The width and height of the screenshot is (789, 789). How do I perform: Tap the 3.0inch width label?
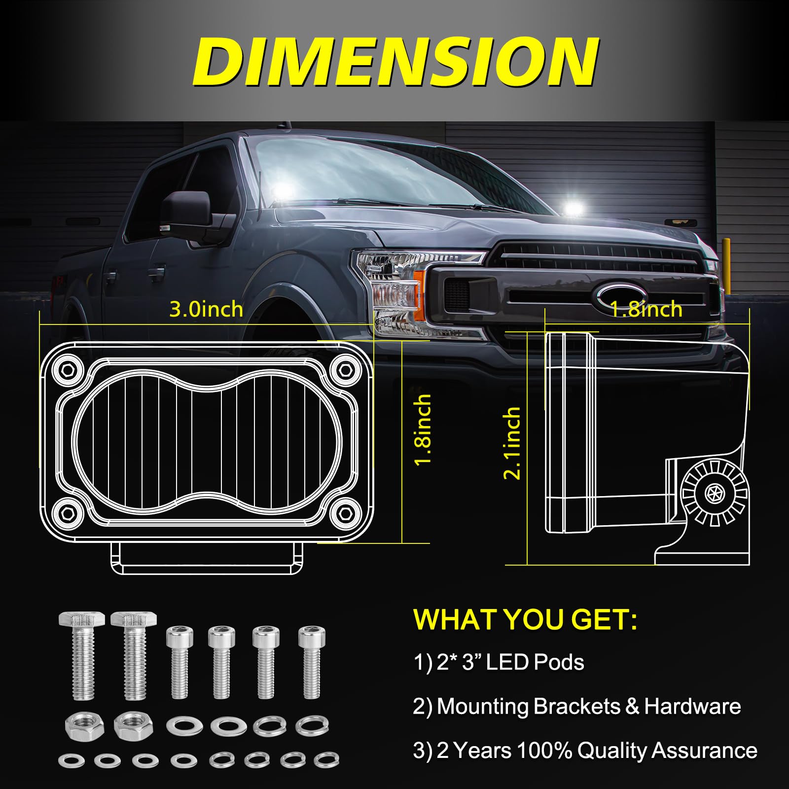click(x=206, y=309)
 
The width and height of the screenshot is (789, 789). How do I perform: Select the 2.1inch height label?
click(x=512, y=443)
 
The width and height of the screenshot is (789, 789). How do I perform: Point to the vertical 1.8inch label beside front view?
click(x=423, y=430)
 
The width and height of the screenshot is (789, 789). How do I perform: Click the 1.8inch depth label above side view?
click(x=646, y=309)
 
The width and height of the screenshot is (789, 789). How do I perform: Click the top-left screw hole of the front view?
click(x=67, y=369)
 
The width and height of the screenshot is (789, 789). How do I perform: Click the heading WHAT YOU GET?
click(x=525, y=619)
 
